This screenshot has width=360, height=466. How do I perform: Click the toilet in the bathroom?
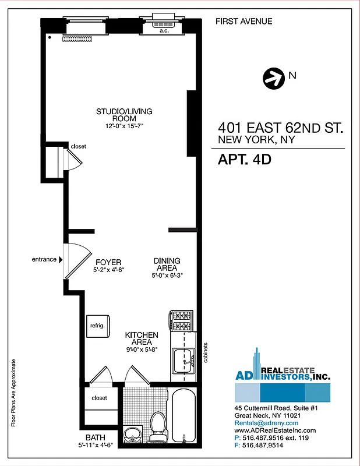click(x=157, y=423)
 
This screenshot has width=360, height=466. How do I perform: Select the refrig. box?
click(x=97, y=326)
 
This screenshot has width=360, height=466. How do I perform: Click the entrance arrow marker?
click(x=61, y=260)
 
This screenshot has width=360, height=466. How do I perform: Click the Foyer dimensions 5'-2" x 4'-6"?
click(x=110, y=270)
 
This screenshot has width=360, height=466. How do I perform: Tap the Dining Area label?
click(x=167, y=264)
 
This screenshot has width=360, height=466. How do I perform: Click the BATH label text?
click(x=95, y=437)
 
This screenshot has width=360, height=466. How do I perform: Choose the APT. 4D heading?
click(x=245, y=159)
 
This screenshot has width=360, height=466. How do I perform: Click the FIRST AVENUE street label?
click(x=243, y=22)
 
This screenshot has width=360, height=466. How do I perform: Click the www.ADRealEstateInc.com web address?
click(x=275, y=430)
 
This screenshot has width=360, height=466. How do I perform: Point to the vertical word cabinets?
click(x=206, y=351)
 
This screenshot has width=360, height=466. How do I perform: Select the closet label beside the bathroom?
click(x=99, y=398)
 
